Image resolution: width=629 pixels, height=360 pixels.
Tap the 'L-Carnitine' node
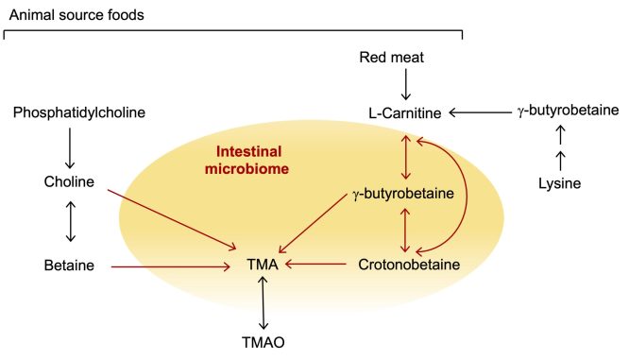[405, 114]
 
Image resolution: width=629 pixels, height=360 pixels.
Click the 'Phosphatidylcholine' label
[79, 114]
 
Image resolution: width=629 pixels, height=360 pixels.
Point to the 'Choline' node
[69, 182]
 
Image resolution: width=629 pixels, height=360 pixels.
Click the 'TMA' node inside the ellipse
[263, 266]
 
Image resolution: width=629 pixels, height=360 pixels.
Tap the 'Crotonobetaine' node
[409, 266]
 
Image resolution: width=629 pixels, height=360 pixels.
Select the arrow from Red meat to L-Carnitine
[406, 85]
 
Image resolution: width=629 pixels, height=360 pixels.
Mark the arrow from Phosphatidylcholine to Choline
[69, 148]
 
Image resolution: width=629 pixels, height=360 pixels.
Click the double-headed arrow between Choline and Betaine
[69, 224]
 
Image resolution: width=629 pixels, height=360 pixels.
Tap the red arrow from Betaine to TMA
[170, 267]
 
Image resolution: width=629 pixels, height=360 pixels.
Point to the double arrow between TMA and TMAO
[263, 301]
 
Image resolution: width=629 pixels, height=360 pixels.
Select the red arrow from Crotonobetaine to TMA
[317, 266]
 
